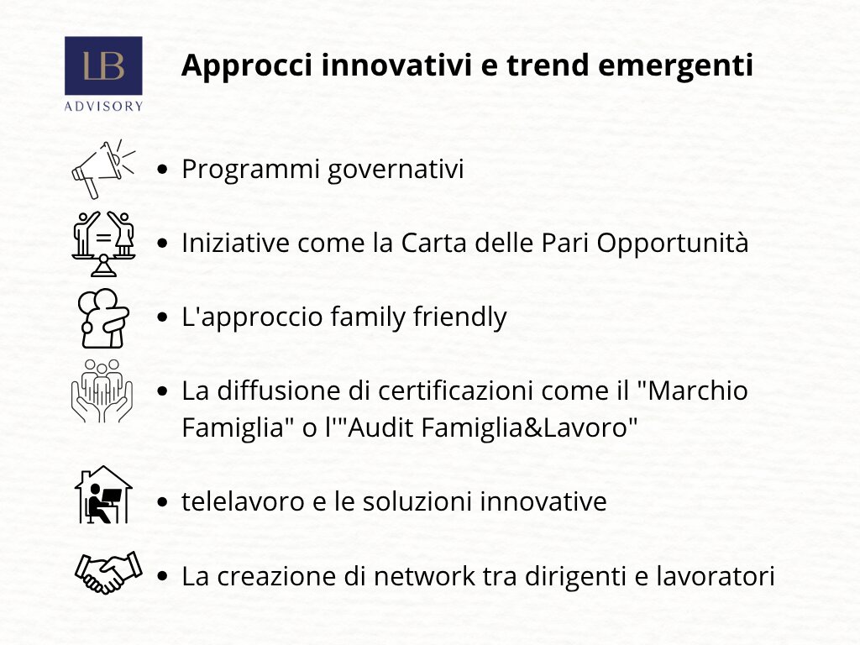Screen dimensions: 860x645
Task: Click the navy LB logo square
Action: tap(103, 66)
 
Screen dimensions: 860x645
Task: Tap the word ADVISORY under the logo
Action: tap(103, 106)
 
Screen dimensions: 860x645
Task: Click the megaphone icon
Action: tap(103, 169)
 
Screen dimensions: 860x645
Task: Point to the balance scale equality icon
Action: tap(103, 244)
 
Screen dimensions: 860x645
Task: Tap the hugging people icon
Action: tap(103, 318)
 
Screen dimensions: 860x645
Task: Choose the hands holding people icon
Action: tap(102, 391)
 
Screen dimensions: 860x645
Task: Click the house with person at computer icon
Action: tap(103, 495)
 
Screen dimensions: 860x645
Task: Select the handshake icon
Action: tap(108, 573)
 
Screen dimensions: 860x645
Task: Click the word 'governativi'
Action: tap(396, 170)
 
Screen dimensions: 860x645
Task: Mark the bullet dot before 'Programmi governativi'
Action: tap(162, 170)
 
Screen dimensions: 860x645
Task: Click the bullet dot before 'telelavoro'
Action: tap(162, 502)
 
